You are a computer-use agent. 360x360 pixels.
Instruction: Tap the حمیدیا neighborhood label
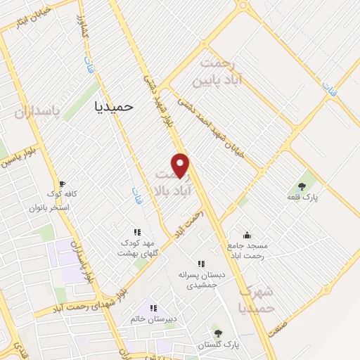coord(113,105)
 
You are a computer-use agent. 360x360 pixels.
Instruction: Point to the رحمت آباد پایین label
coord(223,71)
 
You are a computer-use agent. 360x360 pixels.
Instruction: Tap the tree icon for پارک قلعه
coord(302,186)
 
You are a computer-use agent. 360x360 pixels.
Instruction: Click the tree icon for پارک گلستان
coord(217,333)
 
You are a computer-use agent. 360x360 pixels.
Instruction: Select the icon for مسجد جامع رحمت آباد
coord(247,235)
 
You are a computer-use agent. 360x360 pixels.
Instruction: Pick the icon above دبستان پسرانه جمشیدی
coord(202,264)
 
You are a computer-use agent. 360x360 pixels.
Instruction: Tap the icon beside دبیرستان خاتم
coord(154,308)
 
